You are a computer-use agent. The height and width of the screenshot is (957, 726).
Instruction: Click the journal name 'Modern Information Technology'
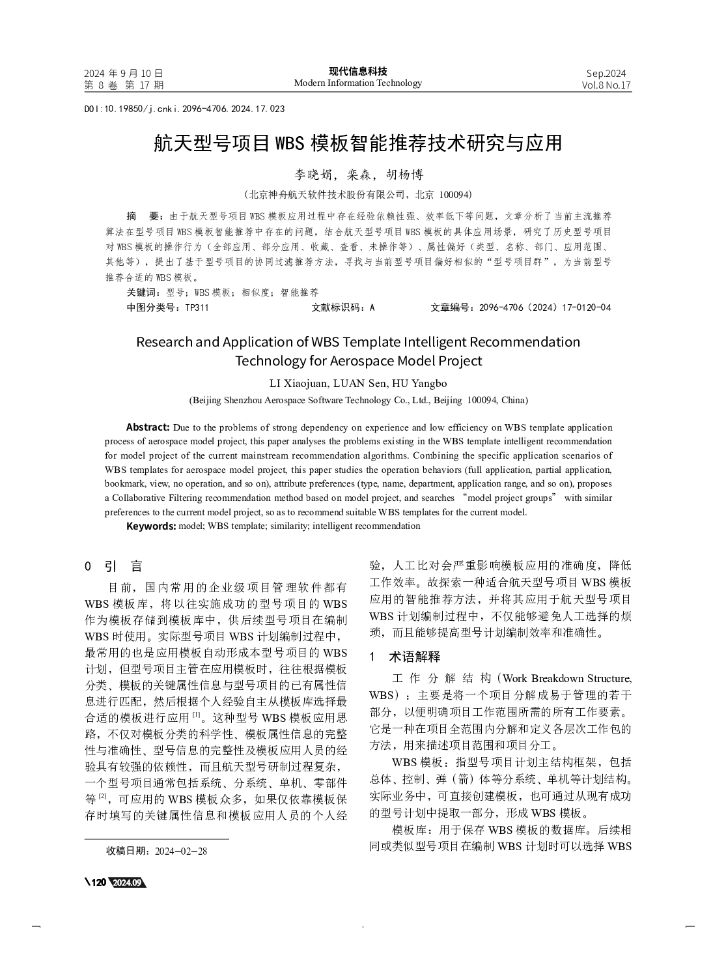357,83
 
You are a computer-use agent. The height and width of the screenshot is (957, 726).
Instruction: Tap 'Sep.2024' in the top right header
606,73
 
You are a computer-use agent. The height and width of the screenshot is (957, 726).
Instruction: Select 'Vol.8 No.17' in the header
606,85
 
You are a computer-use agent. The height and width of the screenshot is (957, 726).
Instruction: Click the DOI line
184,109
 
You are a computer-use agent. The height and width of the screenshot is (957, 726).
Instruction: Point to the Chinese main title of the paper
357,143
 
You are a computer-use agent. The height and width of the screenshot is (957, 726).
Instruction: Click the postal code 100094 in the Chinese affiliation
455,194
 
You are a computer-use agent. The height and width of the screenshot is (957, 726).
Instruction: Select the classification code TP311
197,307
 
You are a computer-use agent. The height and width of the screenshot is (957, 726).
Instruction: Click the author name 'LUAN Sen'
361,383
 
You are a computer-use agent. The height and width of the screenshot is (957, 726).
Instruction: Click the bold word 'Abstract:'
148,427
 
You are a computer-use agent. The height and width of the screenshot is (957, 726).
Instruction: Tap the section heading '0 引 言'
114,566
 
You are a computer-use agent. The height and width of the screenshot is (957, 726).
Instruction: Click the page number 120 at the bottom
98,882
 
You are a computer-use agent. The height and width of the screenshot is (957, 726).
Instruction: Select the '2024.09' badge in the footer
127,882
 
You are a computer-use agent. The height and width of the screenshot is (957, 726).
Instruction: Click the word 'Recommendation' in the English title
525,342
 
